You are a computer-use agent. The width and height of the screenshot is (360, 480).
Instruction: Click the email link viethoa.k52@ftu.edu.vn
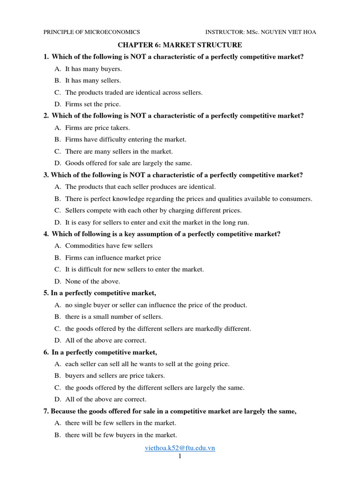pos(180,448)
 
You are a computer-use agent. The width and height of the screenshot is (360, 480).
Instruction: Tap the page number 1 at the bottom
pos(180,456)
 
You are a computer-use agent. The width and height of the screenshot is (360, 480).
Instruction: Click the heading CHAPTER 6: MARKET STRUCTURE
pos(180,45)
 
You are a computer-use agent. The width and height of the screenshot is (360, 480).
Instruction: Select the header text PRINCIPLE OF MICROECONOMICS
pos(91,32)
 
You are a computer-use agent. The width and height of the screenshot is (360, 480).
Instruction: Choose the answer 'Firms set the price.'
pos(93,104)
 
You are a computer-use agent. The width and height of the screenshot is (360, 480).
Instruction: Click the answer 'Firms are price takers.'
pos(97,127)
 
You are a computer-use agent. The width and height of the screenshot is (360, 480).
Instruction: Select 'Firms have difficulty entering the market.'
pos(126,139)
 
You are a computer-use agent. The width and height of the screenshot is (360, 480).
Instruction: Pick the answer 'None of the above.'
pos(93,281)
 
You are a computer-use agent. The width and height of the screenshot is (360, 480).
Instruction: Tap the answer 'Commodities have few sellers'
pos(109,246)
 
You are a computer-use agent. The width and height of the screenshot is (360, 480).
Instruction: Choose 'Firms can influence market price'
pos(113,257)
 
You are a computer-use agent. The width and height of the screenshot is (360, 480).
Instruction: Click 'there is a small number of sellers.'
pos(114,317)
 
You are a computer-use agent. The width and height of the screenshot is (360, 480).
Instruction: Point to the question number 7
pos(45,411)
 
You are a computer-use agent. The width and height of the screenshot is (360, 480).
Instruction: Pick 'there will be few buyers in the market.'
pos(121,435)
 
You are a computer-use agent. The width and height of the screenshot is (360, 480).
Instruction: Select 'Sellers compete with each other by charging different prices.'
pos(153,210)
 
